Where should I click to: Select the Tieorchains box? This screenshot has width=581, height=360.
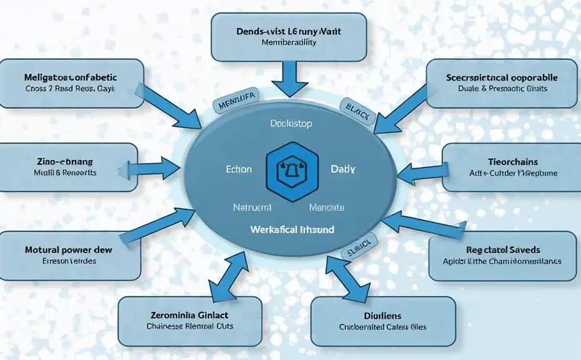pos(507,166)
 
